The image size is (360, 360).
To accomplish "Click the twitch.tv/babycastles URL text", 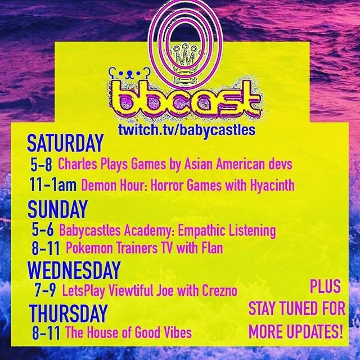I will coord(186,129).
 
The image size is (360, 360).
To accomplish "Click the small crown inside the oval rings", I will coord(181,56).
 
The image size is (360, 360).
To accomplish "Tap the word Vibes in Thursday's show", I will coord(176,332).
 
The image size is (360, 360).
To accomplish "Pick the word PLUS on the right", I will coord(325,288).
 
